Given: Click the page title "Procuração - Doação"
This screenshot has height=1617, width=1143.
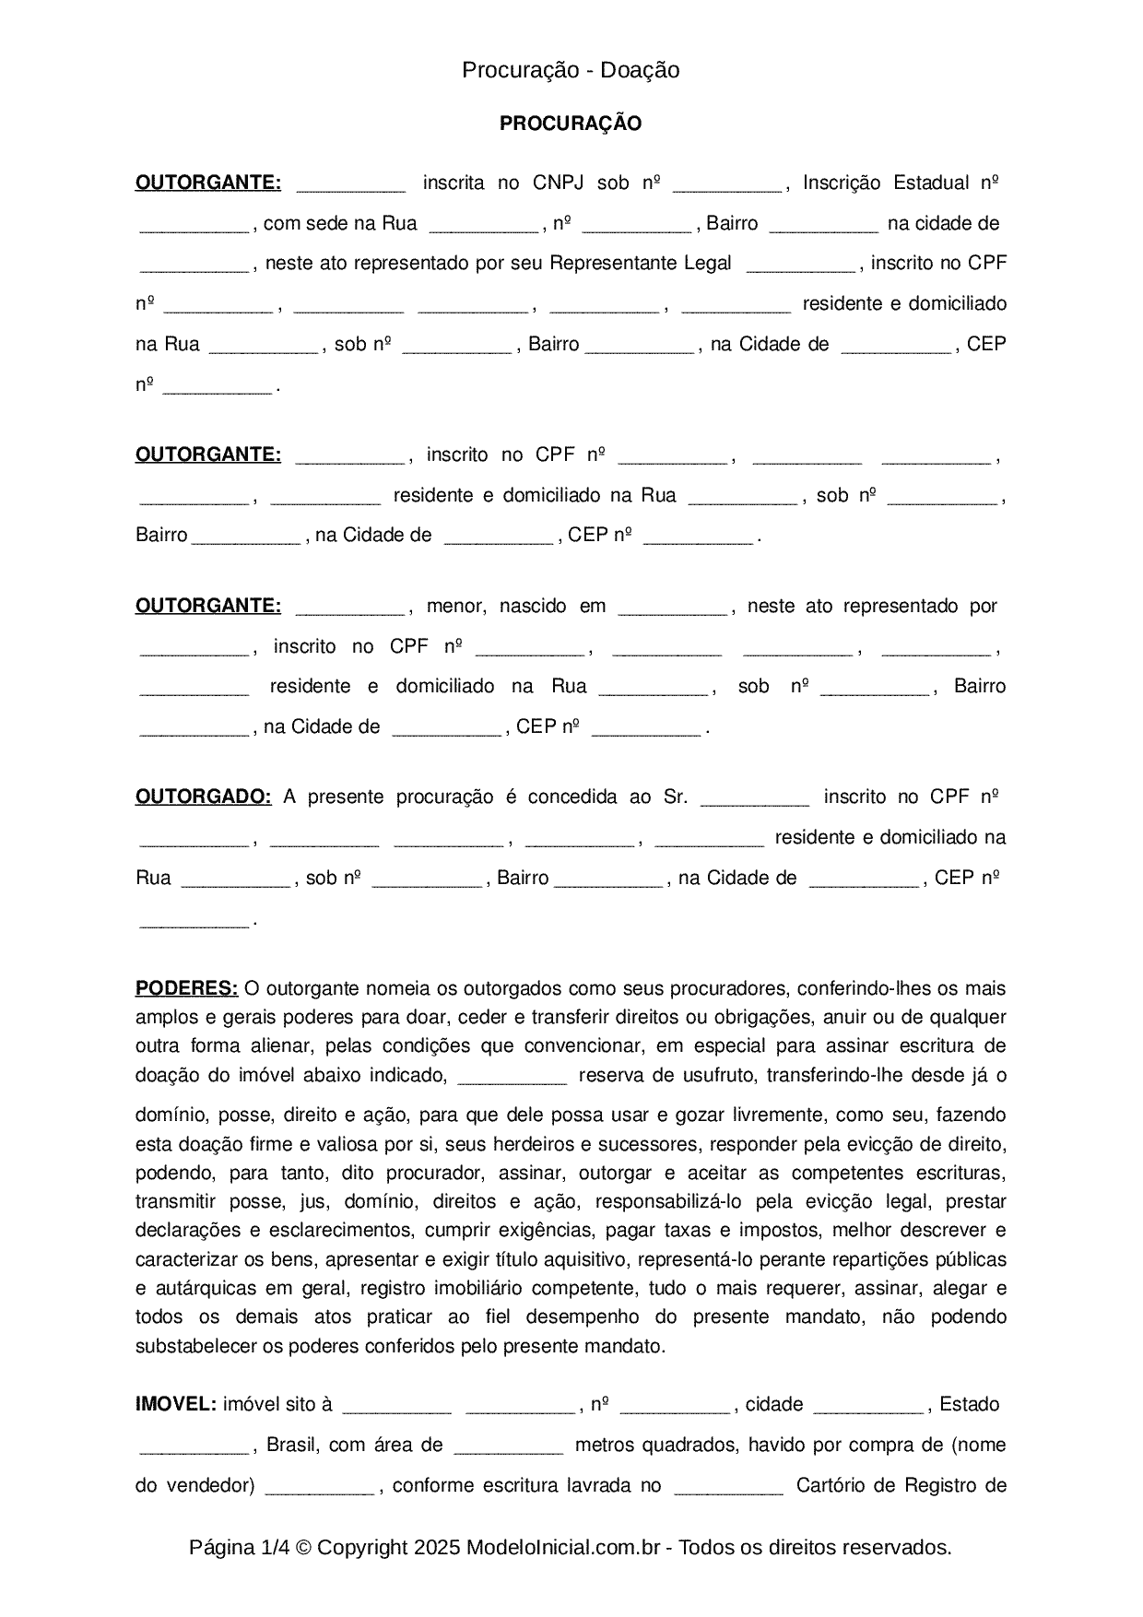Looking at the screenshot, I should click(x=571, y=70).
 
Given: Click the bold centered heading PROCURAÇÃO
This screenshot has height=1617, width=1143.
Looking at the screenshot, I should click(x=571, y=124).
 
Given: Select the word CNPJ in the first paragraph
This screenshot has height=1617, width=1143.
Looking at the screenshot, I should click(x=558, y=183).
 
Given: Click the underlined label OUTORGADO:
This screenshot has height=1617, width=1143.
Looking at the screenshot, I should click(x=203, y=797).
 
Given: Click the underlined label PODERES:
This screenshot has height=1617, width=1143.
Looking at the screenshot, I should click(x=186, y=988).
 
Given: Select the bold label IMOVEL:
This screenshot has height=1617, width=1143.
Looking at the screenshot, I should click(x=175, y=1404).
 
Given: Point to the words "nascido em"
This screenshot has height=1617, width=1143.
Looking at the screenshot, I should click(x=552, y=606).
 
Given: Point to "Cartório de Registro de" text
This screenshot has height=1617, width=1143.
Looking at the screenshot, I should click(x=900, y=1485).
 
